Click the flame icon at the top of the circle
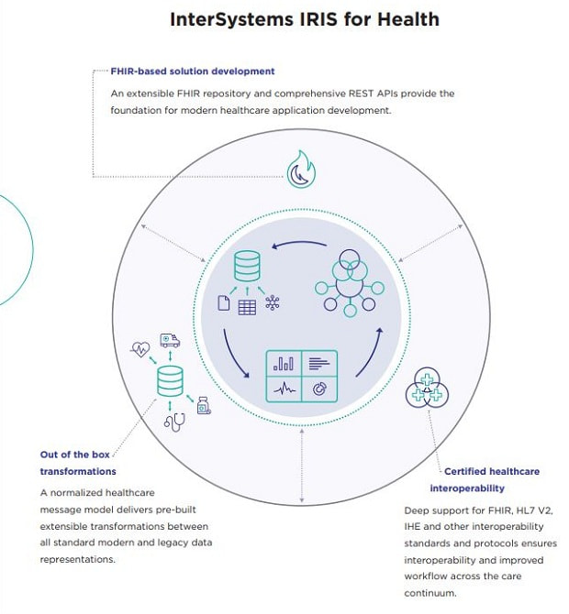[x=301, y=170]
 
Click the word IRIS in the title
[x=318, y=19]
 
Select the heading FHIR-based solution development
[x=193, y=71]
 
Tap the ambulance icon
[x=170, y=340]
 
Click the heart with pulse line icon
[x=140, y=349]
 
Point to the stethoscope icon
[x=175, y=422]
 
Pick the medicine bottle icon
[x=204, y=405]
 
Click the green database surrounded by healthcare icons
[x=170, y=381]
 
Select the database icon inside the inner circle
[x=247, y=266]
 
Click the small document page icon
[x=224, y=303]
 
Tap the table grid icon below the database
[x=247, y=307]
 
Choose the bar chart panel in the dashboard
[x=284, y=363]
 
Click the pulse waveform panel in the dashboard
[x=284, y=389]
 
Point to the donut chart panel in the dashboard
[x=319, y=389]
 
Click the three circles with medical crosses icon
[x=427, y=388]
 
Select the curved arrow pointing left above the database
[x=299, y=243]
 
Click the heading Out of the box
[x=75, y=455]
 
